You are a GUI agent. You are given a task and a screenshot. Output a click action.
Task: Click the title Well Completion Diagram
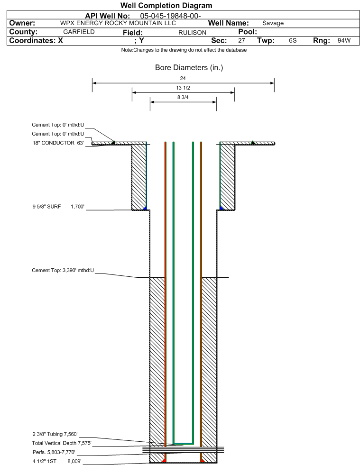pyautogui.click(x=166, y=6)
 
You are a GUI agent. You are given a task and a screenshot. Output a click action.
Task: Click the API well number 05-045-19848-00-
pyautogui.click(x=170, y=16)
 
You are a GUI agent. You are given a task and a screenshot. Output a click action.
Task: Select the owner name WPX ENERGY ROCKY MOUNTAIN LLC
pyautogui.click(x=118, y=23)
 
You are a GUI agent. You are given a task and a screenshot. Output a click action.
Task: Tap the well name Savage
pyautogui.click(x=273, y=23)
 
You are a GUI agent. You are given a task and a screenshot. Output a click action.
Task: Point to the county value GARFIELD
pyautogui.click(x=79, y=32)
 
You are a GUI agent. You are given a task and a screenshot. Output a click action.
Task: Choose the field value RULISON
pyautogui.click(x=192, y=33)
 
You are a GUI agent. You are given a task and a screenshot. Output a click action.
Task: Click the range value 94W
pyautogui.click(x=344, y=40)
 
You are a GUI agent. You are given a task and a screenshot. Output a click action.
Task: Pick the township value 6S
pyautogui.click(x=293, y=40)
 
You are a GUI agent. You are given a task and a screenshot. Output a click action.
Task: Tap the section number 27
pyautogui.click(x=241, y=40)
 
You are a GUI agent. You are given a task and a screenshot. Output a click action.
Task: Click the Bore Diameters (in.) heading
pyautogui.click(x=189, y=68)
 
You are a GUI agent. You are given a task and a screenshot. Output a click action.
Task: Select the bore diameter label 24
pyautogui.click(x=183, y=78)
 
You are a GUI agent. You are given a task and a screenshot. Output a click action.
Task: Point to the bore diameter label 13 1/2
pyautogui.click(x=183, y=88)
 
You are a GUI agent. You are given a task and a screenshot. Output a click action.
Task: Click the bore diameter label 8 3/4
pyautogui.click(x=183, y=97)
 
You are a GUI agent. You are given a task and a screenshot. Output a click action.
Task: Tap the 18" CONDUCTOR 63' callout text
pyautogui.click(x=58, y=143)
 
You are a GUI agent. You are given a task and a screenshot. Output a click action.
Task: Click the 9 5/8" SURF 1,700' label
pyautogui.click(x=58, y=207)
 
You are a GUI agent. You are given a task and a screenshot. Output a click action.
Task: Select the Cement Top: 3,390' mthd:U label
pyautogui.click(x=63, y=271)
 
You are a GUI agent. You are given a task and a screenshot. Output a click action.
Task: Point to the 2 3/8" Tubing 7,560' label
pyautogui.click(x=55, y=434)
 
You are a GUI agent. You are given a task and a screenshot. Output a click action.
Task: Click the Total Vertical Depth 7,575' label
pyautogui.click(x=62, y=443)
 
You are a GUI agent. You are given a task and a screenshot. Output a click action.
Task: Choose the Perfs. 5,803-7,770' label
pyautogui.click(x=54, y=453)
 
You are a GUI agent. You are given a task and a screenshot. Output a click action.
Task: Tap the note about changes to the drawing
pyautogui.click(x=184, y=50)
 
